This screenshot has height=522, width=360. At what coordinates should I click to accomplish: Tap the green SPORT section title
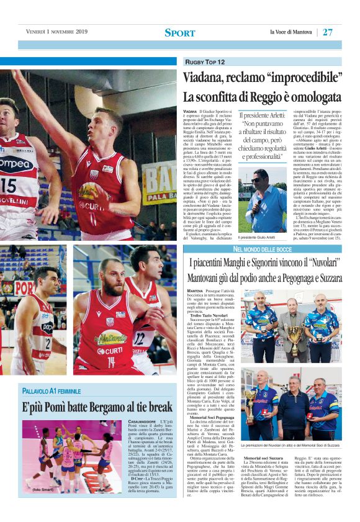pyautogui.click(x=180, y=33)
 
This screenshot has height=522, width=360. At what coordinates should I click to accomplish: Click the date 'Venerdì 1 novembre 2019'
pyautogui.click(x=57, y=32)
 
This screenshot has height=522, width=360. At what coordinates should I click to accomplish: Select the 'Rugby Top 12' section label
pyautogui.click(x=205, y=62)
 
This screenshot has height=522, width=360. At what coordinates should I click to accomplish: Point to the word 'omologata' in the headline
pyautogui.click(x=308, y=97)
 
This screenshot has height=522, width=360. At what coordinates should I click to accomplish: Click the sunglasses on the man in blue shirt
pyautogui.click(x=257, y=180)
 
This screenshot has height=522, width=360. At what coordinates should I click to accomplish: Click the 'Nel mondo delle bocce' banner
pyautogui.click(x=263, y=249)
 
